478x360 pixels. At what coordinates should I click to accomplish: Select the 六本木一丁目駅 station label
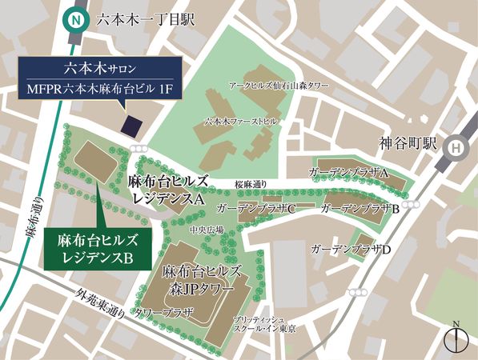[144, 18]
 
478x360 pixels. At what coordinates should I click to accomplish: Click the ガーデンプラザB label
[360, 208]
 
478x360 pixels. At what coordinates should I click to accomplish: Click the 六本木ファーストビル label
[241, 122]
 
